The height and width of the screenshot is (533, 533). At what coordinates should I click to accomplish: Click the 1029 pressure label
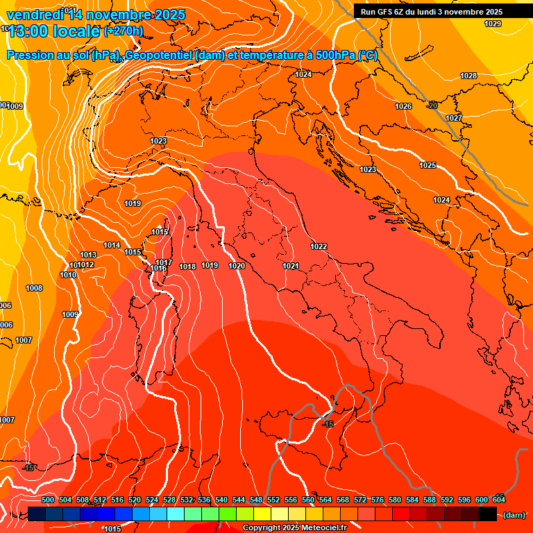(492, 24)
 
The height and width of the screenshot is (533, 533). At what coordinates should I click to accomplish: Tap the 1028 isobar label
(468, 76)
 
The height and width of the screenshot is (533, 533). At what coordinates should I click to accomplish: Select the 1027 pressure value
(454, 118)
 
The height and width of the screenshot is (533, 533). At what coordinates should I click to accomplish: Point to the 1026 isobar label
(403, 106)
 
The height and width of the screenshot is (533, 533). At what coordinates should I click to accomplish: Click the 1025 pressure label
(428, 165)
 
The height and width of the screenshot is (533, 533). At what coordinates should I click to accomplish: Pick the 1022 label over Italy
(319, 246)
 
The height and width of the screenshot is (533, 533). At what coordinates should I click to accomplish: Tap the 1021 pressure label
(291, 266)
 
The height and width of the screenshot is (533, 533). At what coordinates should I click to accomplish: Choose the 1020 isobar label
(237, 266)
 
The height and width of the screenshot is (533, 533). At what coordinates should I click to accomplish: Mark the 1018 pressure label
(187, 266)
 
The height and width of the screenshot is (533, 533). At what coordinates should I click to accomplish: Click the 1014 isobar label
(112, 245)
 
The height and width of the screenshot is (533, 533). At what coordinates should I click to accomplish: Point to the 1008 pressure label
(34, 288)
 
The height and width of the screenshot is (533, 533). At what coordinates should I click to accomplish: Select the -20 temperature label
(432, 105)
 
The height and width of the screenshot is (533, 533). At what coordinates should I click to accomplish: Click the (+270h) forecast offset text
(124, 31)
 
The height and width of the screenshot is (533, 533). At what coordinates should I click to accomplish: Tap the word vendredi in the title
(35, 15)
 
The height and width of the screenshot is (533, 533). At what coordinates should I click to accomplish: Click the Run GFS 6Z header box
(432, 12)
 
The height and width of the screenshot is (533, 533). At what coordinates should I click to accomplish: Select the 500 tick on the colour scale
(48, 500)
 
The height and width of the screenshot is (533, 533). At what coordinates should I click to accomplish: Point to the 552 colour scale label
(273, 500)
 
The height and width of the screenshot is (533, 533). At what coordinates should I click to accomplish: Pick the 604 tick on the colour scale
(498, 500)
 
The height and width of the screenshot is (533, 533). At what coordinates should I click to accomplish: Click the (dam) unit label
(514, 515)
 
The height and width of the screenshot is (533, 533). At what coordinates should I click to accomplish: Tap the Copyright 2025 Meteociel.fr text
(295, 528)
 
